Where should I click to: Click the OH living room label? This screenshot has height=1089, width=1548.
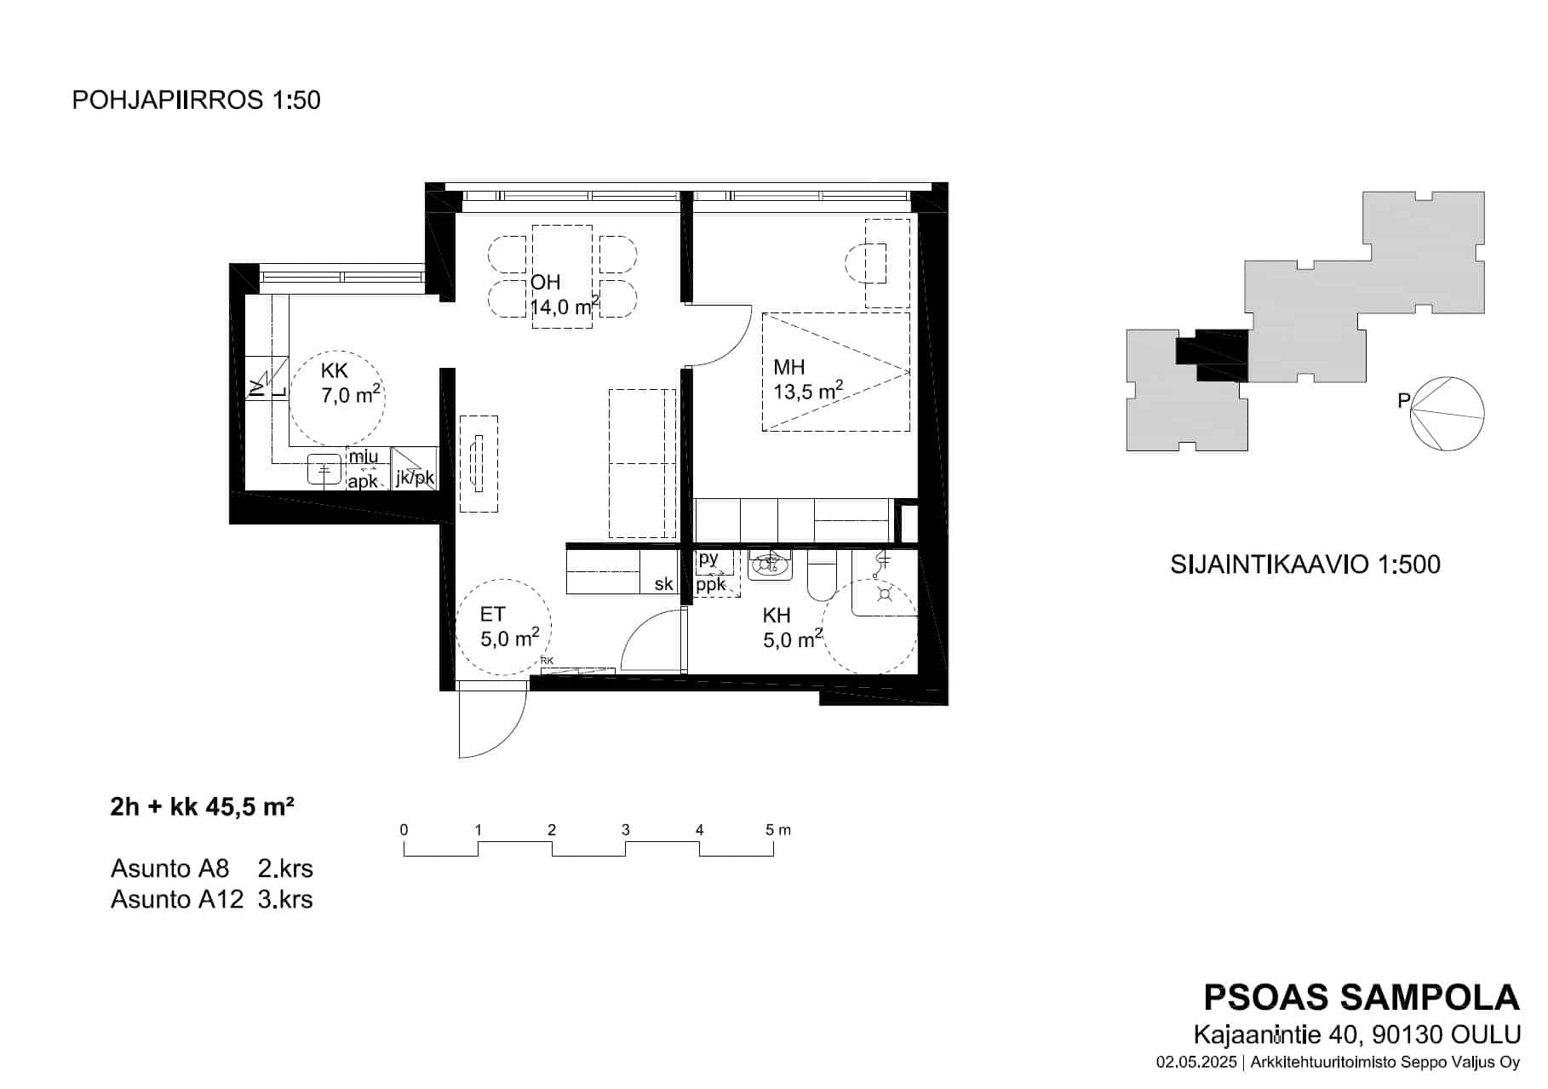pyautogui.click(x=546, y=283)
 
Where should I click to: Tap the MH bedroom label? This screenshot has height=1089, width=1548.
pyautogui.click(x=788, y=368)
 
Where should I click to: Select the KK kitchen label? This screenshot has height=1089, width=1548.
pyautogui.click(x=335, y=371)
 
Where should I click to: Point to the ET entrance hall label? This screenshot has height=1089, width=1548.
pyautogui.click(x=492, y=615)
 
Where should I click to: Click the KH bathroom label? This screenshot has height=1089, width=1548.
pyautogui.click(x=777, y=616)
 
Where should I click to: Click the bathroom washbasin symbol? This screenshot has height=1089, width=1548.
pyautogui.click(x=770, y=565)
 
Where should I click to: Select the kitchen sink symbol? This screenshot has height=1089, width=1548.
pyautogui.click(x=324, y=468)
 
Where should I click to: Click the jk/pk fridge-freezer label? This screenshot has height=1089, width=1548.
pyautogui.click(x=415, y=478)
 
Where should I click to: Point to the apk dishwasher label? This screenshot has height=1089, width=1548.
pyautogui.click(x=363, y=481)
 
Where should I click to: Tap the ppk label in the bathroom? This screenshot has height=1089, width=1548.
pyautogui.click(x=711, y=584)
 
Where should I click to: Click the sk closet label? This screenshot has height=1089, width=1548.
pyautogui.click(x=664, y=584)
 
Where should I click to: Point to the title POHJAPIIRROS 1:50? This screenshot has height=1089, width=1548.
pyautogui.click(x=196, y=100)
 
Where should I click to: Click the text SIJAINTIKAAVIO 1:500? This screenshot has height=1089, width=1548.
pyautogui.click(x=1305, y=565)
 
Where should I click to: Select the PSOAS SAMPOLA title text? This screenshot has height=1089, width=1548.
pyautogui.click(x=1362, y=998)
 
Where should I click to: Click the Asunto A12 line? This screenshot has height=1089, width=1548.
pyautogui.click(x=212, y=899)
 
